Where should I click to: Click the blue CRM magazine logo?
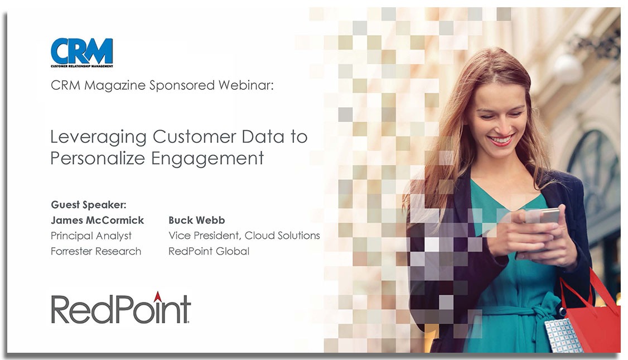[x=81, y=52]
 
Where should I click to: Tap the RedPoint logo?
[x=120, y=308]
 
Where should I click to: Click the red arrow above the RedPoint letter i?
[x=158, y=297]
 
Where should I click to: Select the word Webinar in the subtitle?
[x=246, y=85]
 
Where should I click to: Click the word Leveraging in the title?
[x=99, y=137]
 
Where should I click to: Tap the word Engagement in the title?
[x=207, y=159]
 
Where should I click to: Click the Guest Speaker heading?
[x=89, y=205]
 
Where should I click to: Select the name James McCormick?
[x=98, y=220]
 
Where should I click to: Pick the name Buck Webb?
[x=197, y=220]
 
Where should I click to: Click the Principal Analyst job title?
[x=91, y=236]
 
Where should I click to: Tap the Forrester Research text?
[x=96, y=251]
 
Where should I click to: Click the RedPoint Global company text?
[x=209, y=251]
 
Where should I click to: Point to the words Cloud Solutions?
[x=282, y=236]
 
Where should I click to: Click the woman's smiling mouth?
[x=501, y=140]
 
